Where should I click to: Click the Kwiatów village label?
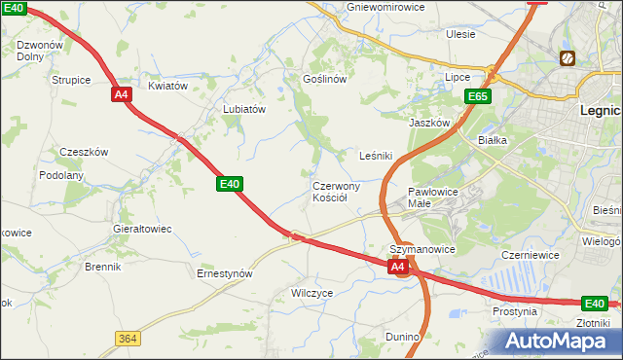[167, 86]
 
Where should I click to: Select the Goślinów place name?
[325, 79]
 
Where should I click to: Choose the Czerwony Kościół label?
[337, 192]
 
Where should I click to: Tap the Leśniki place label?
[376, 155]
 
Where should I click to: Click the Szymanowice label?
[423, 249]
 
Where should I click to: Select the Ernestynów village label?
[225, 273]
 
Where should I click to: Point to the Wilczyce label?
[312, 292]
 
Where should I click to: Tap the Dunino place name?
[402, 337]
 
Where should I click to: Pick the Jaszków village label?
[429, 124]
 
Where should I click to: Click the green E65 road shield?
[477, 96]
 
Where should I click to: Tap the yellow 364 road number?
[127, 338]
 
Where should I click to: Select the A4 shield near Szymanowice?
[397, 266]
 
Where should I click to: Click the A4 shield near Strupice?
[121, 94]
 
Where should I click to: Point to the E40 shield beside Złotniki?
[595, 303]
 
